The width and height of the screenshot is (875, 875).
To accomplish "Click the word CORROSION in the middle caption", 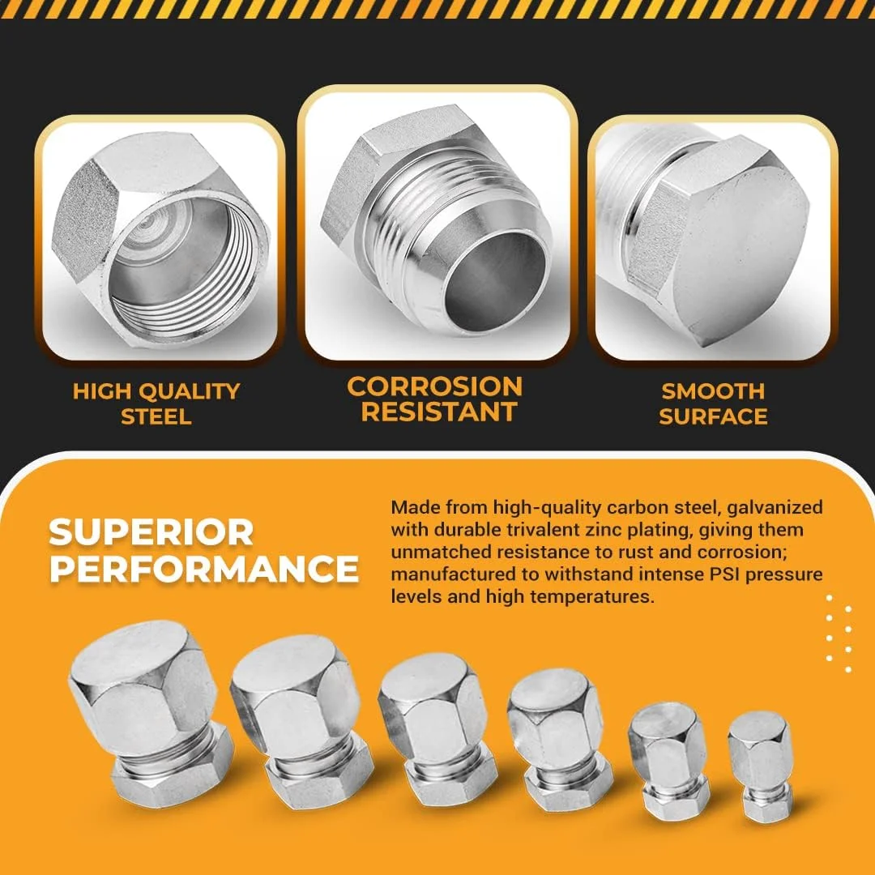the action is [435, 386].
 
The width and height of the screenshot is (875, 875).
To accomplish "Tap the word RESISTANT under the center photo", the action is [439, 412].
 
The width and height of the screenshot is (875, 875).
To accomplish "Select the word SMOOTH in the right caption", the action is [713, 391].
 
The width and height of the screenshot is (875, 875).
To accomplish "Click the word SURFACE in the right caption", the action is [713, 416].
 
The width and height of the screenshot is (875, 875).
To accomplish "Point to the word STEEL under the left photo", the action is [156, 416].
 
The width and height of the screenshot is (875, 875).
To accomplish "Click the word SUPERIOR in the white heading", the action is [151, 531].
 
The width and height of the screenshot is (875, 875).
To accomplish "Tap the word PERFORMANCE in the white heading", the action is [203, 569].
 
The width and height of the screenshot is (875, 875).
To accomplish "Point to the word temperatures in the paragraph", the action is [591, 596].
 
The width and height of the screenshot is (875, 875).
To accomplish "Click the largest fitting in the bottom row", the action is [149, 713].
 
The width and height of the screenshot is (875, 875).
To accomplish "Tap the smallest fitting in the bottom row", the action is [760, 766].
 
